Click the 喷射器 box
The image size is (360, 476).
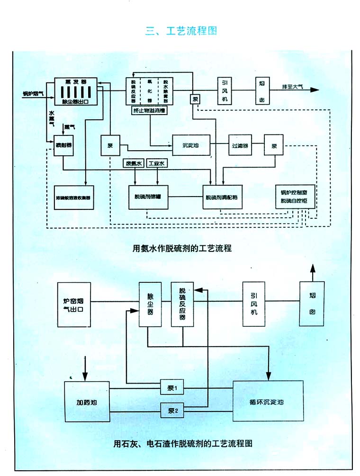point(63,144)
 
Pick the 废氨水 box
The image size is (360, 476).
point(134,163)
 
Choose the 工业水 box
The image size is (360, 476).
point(157,163)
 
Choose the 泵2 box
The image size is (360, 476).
point(171,410)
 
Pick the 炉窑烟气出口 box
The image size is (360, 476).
point(73,305)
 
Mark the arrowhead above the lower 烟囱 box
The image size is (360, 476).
point(312,268)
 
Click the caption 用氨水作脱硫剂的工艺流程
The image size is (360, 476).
point(182,247)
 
